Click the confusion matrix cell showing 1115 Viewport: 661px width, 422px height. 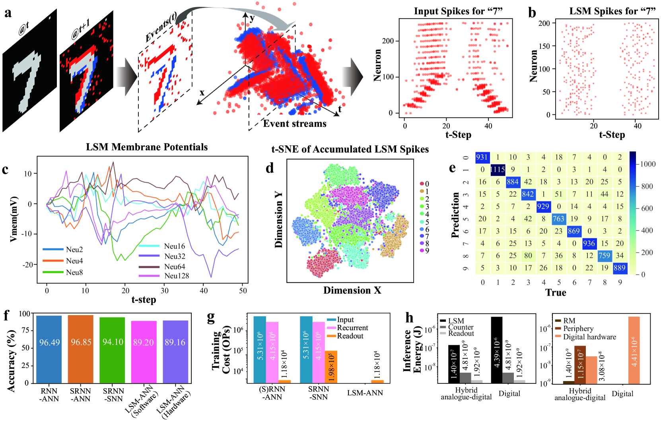tap(498, 170)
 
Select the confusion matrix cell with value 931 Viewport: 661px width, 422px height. tap(482, 157)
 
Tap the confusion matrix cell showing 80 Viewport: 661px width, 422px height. tap(528, 256)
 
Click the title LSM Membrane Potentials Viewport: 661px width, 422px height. tap(147, 147)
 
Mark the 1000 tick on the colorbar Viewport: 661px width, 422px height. tap(647, 164)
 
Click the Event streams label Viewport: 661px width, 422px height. tap(295, 124)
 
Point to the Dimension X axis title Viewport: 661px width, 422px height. tap(352, 290)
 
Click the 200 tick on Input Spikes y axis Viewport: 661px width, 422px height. tap(388, 41)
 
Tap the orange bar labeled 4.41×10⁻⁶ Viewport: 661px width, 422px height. tap(634, 350)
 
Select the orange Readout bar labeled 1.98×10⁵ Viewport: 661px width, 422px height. tap(331, 367)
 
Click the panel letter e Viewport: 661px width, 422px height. tap(452, 168)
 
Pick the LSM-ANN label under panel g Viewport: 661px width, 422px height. tap(365, 393)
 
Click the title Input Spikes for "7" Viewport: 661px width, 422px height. tap(458, 11)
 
